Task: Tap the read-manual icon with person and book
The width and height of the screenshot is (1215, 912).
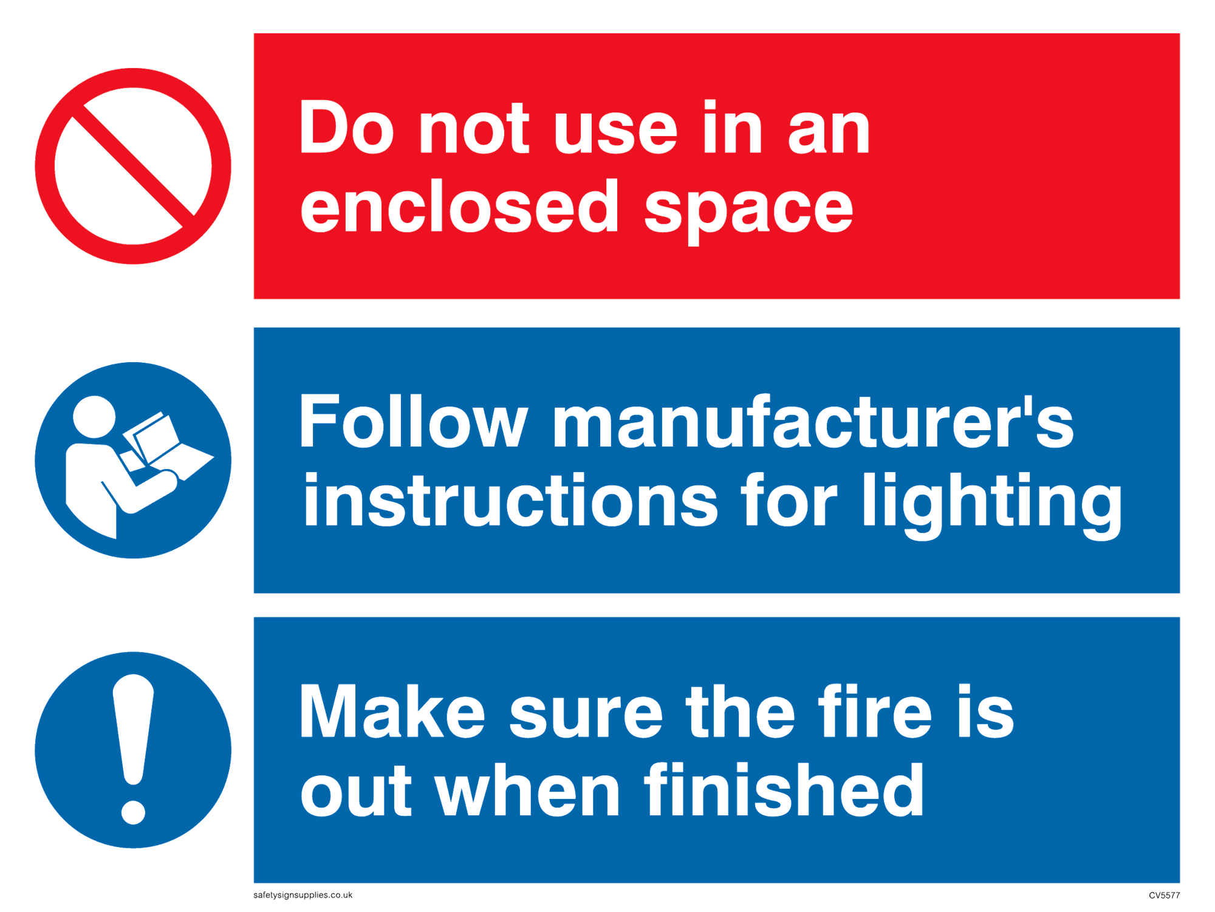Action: [x=133, y=460]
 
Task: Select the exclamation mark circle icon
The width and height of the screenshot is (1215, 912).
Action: [x=133, y=750]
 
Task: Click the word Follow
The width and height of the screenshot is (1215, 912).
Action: [x=413, y=420]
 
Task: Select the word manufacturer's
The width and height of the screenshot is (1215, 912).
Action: [x=813, y=420]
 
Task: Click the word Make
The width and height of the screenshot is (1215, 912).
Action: [x=392, y=710]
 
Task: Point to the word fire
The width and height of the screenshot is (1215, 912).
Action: [x=875, y=710]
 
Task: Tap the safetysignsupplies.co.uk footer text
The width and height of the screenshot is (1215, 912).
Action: [x=303, y=895]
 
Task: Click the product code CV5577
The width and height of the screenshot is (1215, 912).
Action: [x=1164, y=895]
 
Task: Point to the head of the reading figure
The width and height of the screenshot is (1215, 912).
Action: [x=94, y=417]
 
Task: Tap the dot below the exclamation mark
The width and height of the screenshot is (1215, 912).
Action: [x=133, y=812]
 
